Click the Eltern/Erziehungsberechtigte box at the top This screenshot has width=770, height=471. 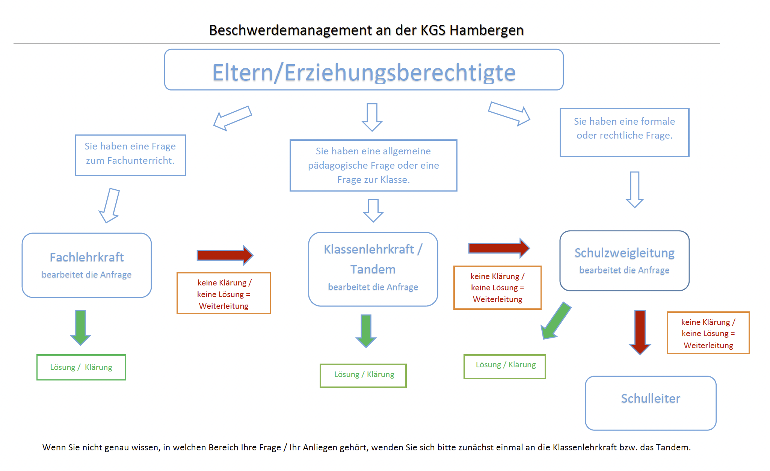click(x=364, y=70)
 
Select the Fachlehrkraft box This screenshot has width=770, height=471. click(x=87, y=265)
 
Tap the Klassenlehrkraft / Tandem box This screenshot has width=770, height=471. click(x=373, y=269)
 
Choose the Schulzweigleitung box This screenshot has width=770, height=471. click(x=624, y=261)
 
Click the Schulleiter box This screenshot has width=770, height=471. click(x=651, y=403)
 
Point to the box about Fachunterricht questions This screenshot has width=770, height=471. click(x=130, y=155)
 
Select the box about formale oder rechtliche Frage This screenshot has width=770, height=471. click(x=624, y=132)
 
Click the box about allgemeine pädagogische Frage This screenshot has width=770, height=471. click(x=373, y=165)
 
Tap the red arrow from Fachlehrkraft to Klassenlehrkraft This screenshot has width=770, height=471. click(x=225, y=255)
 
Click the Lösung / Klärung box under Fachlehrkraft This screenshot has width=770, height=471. click(x=81, y=367)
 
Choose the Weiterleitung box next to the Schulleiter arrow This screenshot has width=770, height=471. click(x=708, y=333)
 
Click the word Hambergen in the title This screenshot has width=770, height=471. click(x=486, y=30)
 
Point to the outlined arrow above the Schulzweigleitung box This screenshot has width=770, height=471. click(x=635, y=189)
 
